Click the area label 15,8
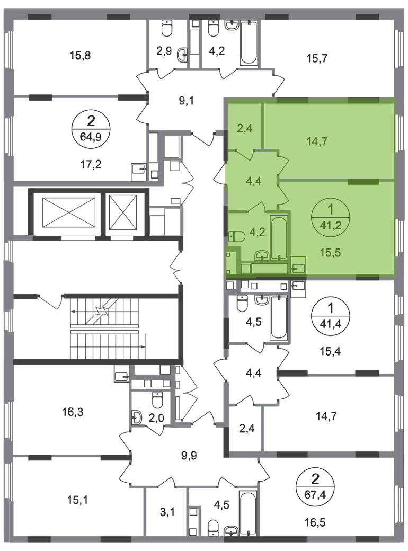(80, 55)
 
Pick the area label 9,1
(187, 101)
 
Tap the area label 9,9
(189, 456)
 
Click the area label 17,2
(91, 164)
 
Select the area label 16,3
(73, 412)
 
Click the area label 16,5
(315, 522)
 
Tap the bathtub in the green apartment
(279, 238)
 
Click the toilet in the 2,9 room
(166, 27)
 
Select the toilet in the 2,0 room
(157, 399)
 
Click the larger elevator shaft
(68, 212)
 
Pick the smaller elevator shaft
(122, 212)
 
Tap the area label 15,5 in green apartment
(330, 252)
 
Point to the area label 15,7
(317, 58)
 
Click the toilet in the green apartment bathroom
(236, 236)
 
